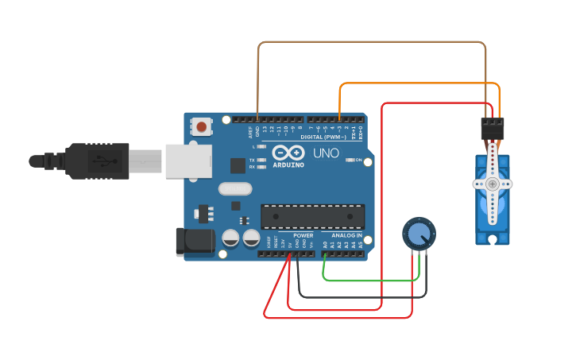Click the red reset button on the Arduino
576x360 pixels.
tap(202, 126)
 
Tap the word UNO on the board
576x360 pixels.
tap(326, 153)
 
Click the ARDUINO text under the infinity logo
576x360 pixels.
tap(288, 165)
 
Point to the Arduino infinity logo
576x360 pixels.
tap(288, 152)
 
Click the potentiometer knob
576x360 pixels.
tap(419, 234)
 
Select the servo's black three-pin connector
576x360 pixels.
tap(493, 126)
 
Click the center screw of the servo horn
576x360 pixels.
tap(493, 184)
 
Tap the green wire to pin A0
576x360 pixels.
tap(373, 280)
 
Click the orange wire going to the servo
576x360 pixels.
tap(413, 83)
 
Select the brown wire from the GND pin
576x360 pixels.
tap(373, 42)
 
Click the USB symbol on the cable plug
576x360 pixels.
tap(99, 160)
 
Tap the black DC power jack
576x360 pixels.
tap(195, 242)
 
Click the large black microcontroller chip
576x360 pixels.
tap(313, 216)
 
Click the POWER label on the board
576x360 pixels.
tap(303, 236)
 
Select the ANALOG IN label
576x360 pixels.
tap(346, 236)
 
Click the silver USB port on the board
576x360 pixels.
tap(189, 161)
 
